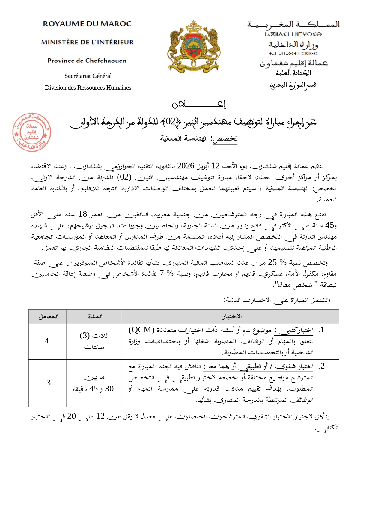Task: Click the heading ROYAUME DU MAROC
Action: [x=87, y=24]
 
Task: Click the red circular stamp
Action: [x=31, y=132]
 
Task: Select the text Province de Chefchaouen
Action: [x=87, y=61]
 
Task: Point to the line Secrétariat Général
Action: [x=88, y=76]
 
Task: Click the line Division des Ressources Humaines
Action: [x=88, y=88]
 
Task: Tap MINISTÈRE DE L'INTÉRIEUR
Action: [x=87, y=42]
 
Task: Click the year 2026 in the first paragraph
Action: [x=186, y=166]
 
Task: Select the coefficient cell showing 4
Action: [x=47, y=341]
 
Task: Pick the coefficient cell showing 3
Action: [x=48, y=383]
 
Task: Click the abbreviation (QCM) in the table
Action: [x=141, y=330]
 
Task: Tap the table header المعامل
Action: [x=48, y=316]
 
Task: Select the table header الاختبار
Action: [x=231, y=316]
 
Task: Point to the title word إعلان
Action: [x=199, y=104]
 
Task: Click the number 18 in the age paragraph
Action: [x=82, y=214]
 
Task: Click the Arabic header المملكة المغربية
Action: [x=293, y=24]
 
